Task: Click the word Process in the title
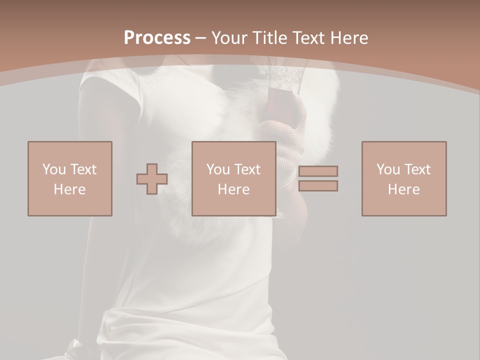[x=157, y=37]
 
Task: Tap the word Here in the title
[x=349, y=37]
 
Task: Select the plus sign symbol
[x=152, y=179]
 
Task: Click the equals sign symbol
[x=318, y=178]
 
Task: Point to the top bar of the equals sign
[x=318, y=171]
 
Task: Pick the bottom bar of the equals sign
[x=318, y=186]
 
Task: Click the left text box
[x=70, y=178]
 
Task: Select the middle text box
[x=234, y=178]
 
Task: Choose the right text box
[x=404, y=178]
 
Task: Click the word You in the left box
[x=53, y=169]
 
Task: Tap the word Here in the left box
[x=70, y=189]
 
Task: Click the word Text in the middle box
[x=247, y=169]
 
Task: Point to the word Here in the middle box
[x=234, y=189]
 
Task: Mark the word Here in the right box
[x=404, y=189]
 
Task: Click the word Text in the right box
[x=417, y=169]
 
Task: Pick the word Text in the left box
[x=83, y=169]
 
